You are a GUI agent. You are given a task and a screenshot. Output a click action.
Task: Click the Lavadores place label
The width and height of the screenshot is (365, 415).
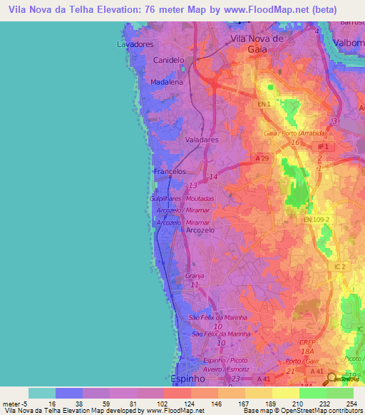coord(135,44)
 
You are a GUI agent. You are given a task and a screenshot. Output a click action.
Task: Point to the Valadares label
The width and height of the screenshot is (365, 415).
coord(202,140)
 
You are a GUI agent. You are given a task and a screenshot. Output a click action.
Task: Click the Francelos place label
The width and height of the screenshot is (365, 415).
coord(170,172)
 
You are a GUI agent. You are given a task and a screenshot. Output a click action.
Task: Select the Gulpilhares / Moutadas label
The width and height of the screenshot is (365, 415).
coord(182,199)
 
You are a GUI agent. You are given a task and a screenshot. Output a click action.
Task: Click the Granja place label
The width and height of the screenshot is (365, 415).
coord(195,275)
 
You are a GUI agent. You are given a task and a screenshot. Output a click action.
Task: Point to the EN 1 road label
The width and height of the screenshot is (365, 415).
coord(264,104)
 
